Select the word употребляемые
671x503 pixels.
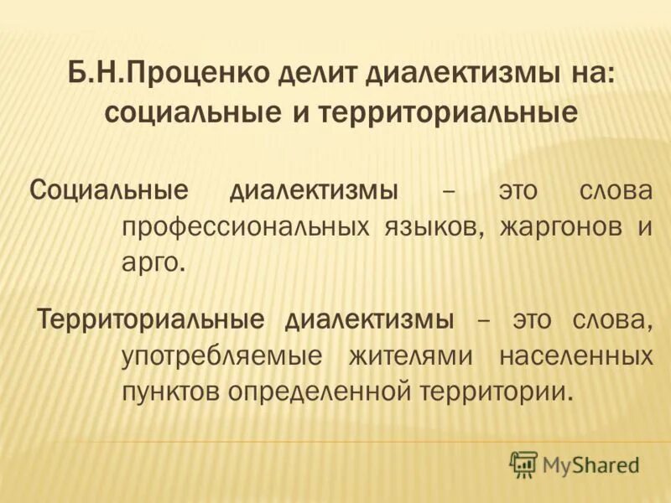(221, 355)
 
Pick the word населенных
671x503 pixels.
(575, 355)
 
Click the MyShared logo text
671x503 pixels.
(590, 464)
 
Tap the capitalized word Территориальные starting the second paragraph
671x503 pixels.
(150, 319)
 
